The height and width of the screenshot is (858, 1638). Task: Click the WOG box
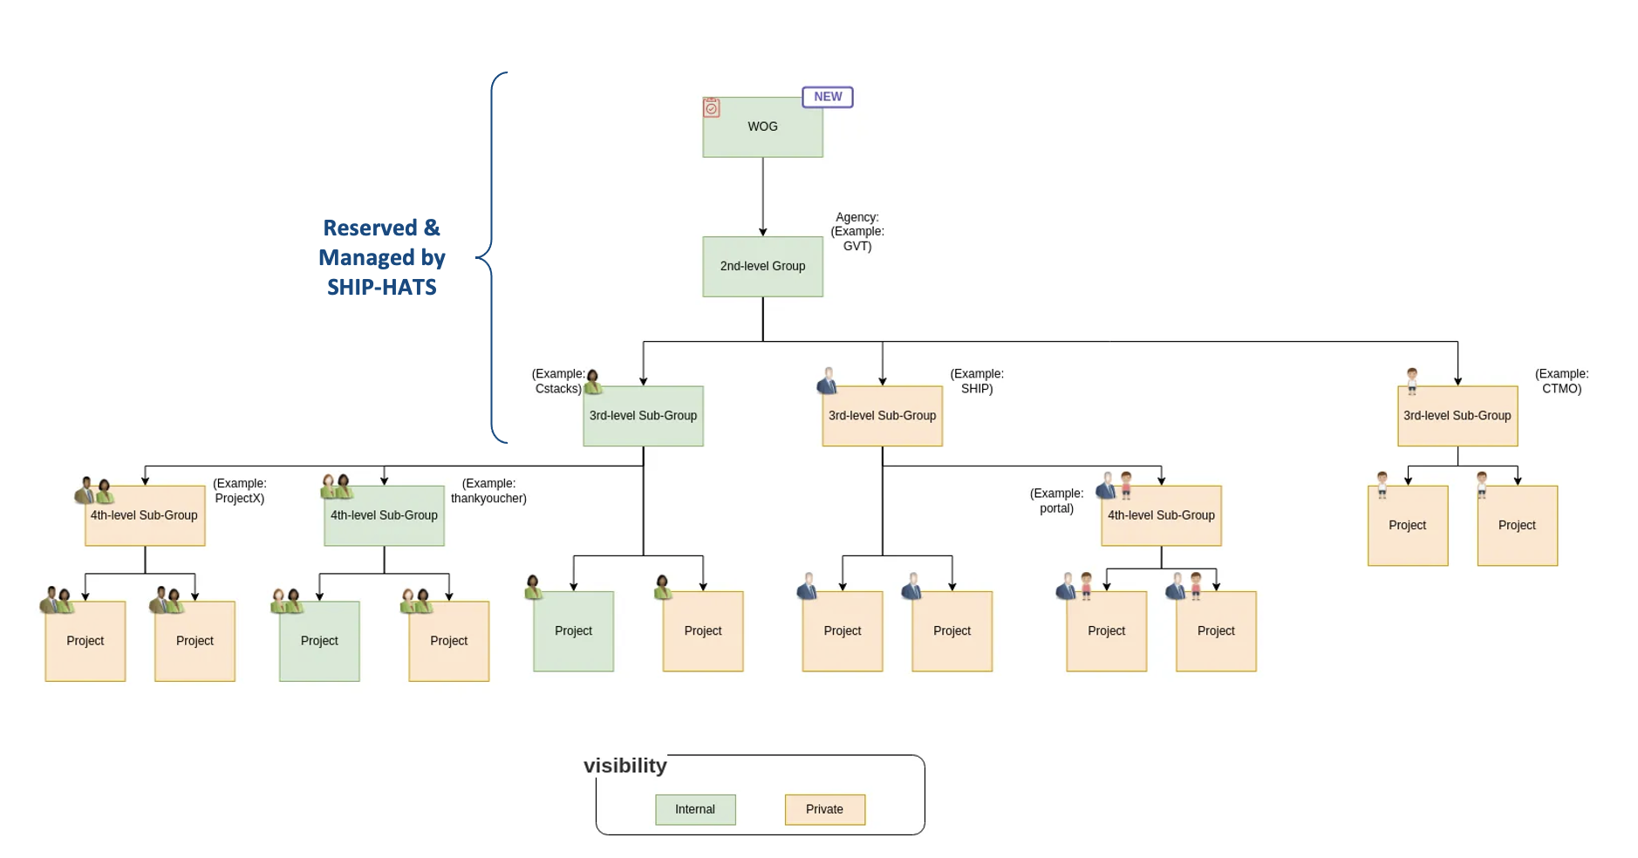[x=762, y=127]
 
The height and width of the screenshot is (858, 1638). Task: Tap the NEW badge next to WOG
[x=827, y=97]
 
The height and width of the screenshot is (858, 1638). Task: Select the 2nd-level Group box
[x=762, y=266]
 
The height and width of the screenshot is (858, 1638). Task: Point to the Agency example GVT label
[x=857, y=232]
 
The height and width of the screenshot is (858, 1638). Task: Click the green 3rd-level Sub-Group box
[x=643, y=416]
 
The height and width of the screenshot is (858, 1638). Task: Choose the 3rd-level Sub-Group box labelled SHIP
[x=882, y=416]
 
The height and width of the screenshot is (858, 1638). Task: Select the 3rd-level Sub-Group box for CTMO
[x=1457, y=416]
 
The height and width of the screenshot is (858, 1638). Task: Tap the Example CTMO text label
[x=1561, y=381]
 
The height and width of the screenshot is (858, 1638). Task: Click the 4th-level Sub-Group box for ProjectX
[x=145, y=515]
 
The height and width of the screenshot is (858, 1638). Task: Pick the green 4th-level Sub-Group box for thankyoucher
[x=384, y=515]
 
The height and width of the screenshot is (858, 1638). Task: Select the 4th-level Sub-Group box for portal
[x=1161, y=515]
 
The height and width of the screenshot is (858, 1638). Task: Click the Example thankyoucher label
[x=488, y=491]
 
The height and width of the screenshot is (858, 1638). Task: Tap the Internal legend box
[x=695, y=809]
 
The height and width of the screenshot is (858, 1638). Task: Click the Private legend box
[x=824, y=809]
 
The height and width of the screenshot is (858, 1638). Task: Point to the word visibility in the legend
[x=624, y=766]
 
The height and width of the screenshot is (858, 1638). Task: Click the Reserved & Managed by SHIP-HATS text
[x=382, y=257]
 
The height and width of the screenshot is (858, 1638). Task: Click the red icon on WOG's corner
[x=712, y=107]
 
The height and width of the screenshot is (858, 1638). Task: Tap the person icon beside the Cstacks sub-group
[x=593, y=381]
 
